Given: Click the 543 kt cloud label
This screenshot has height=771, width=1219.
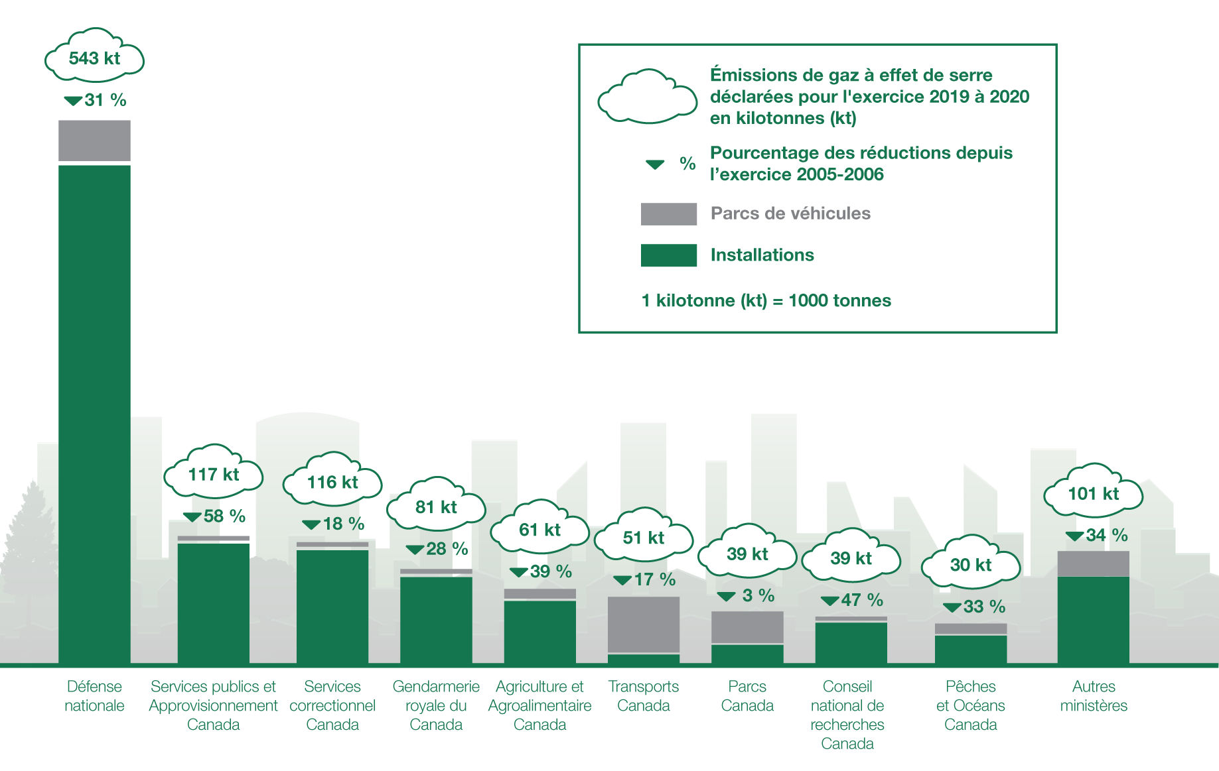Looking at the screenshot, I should pos(94,58).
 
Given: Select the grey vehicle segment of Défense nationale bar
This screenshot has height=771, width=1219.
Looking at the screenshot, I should pos(94,141).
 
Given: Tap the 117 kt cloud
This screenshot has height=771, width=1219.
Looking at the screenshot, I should pos(213,474).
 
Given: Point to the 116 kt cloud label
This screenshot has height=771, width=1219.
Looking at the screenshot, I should pos(332,482).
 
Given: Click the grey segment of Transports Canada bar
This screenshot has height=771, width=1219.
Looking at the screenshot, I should pos(644,624).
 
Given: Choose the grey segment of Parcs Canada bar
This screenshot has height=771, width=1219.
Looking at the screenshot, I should pos(747,627).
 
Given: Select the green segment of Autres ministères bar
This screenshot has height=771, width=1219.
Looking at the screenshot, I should pos(1093,619).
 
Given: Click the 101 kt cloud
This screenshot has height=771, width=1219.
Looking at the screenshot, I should pos(1093,493).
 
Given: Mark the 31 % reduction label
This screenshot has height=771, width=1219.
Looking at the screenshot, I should pos(97,100).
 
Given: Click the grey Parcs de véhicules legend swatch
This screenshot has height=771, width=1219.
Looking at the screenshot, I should pos(669,213).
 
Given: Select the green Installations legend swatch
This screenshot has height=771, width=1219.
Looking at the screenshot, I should pos(669,255).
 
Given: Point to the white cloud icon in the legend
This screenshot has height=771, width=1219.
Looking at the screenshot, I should pos(647,98).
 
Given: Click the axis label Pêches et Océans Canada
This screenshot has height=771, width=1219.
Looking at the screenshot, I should pos(970,705).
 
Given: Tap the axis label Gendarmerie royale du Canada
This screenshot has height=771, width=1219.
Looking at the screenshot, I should pos(436,705).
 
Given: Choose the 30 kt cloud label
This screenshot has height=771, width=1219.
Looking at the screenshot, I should pos(970,565).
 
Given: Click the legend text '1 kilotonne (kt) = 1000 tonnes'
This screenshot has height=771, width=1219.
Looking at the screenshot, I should pos(766,301).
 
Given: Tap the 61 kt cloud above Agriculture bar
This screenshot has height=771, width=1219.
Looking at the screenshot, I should pos(539,530).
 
